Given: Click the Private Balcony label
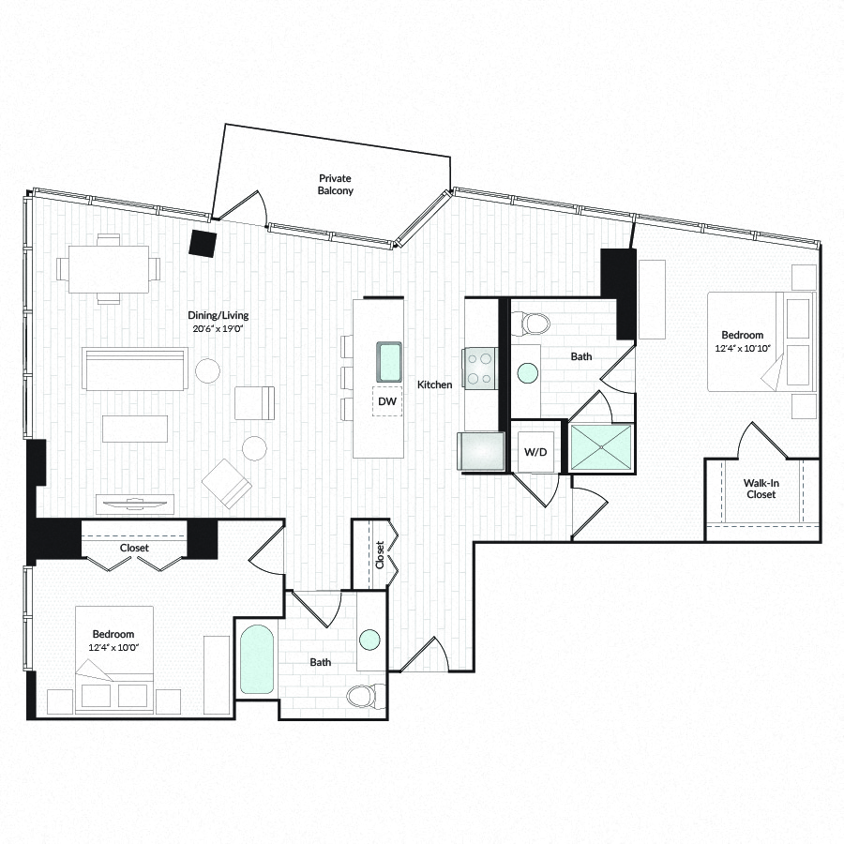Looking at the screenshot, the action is [x=335, y=184].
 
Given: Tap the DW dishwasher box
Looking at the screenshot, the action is [x=387, y=401].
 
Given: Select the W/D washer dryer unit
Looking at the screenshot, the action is [x=535, y=452].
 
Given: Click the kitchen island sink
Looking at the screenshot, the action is [x=388, y=361].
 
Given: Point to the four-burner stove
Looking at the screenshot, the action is [x=479, y=369].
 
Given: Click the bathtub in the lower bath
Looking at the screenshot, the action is [x=257, y=659].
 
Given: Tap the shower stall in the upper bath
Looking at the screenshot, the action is [x=601, y=446].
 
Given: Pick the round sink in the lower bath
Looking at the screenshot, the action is [x=369, y=640].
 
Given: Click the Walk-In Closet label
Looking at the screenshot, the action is [x=761, y=489].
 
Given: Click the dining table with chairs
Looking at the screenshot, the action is [x=109, y=268].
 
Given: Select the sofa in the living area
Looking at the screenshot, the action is [x=135, y=369].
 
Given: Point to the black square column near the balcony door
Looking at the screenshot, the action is [x=203, y=244].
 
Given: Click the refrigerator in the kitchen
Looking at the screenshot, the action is [x=481, y=451].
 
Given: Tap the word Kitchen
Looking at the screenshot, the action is [x=435, y=384].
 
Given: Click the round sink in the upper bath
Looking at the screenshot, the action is [x=528, y=373].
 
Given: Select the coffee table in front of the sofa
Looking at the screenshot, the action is [x=134, y=429].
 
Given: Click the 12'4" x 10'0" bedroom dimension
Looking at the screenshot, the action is [x=113, y=647].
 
